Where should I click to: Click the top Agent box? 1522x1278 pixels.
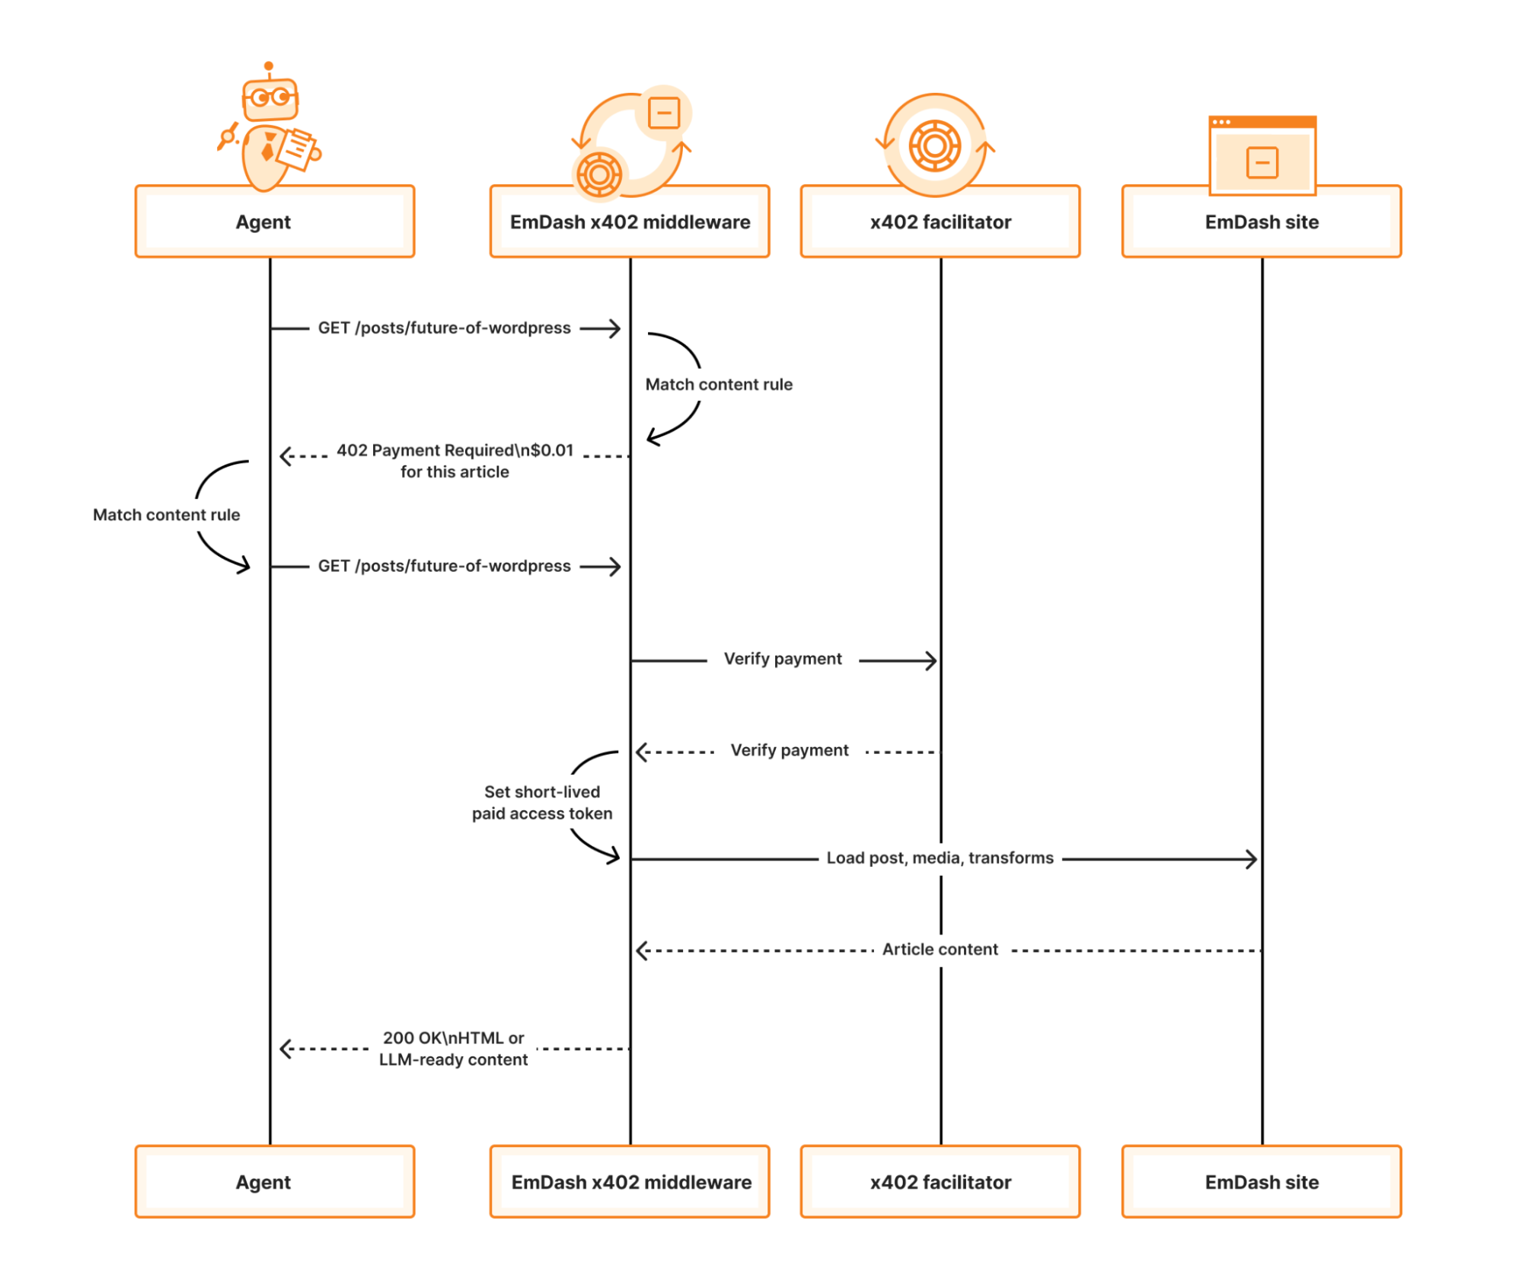click(274, 222)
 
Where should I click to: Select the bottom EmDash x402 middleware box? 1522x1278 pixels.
click(630, 1181)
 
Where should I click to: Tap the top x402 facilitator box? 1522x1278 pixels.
click(940, 222)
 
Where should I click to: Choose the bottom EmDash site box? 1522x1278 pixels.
click(1261, 1181)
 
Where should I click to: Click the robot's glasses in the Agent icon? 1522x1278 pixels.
click(270, 97)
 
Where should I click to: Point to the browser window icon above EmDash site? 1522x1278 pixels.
click(1262, 155)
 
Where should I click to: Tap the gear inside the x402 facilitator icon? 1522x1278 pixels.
click(934, 145)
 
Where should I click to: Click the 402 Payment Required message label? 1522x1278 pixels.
click(455, 461)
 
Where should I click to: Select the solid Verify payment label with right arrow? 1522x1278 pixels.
click(782, 659)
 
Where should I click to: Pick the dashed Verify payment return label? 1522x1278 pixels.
click(789, 750)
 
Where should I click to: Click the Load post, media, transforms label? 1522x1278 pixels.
click(940, 858)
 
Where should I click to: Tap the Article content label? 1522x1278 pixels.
click(940, 949)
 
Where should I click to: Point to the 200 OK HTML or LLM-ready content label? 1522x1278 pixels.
click(453, 1048)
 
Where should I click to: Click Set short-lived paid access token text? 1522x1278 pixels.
click(541, 802)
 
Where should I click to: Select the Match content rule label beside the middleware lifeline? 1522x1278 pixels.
click(718, 385)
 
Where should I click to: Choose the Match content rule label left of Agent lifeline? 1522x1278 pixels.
click(166, 515)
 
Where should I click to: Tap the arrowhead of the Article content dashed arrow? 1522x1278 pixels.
click(642, 951)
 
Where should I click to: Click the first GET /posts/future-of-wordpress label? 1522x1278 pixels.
click(444, 327)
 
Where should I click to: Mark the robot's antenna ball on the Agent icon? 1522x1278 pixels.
click(268, 66)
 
